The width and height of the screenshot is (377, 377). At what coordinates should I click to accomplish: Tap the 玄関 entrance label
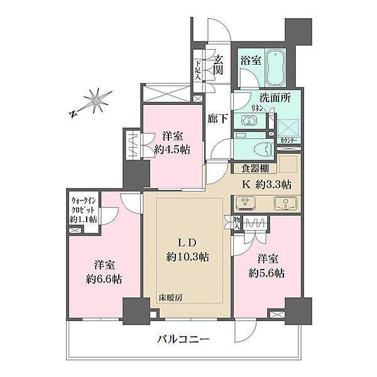coord(219,65)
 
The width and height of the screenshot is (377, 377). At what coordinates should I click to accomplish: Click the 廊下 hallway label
coord(219,117)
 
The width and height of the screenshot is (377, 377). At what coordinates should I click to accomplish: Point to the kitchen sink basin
coord(287,204)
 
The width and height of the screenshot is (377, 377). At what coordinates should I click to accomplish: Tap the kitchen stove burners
coord(246,204)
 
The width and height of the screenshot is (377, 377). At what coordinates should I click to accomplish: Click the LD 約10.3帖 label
coord(188,250)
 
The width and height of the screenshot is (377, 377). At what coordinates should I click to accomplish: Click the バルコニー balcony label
coord(183,340)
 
